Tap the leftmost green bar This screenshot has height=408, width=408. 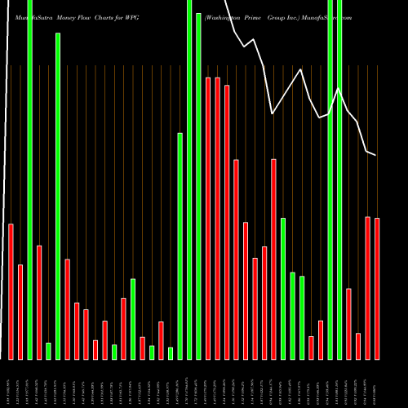29,180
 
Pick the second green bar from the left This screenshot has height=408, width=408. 48,351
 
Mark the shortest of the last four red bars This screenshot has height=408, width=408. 358,346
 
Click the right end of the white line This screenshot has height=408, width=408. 375,154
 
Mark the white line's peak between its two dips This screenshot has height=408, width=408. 302,70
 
